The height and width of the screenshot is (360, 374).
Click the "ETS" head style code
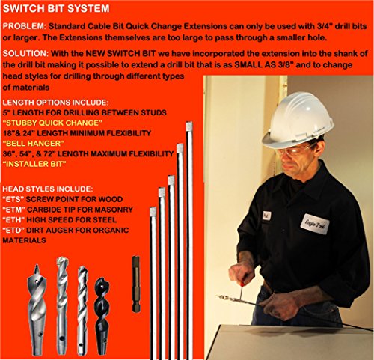click(15, 200)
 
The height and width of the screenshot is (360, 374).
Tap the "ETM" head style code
click(15, 210)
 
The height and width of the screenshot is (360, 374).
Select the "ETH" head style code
click(15, 221)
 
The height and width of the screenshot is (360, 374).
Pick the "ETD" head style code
click(15, 231)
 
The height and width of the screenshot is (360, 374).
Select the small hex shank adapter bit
click(136, 284)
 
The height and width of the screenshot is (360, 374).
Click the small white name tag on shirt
click(267, 215)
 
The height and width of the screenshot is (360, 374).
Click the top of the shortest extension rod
click(152, 213)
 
